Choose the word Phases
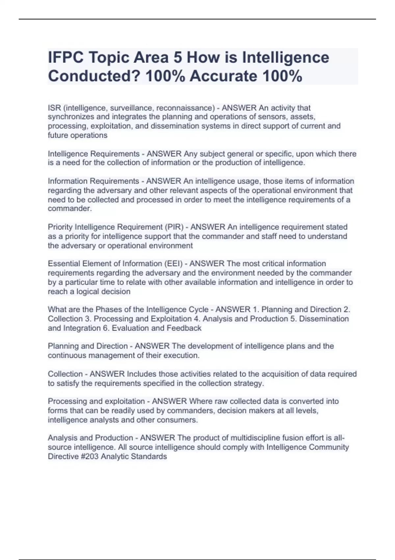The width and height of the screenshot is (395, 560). (107, 310)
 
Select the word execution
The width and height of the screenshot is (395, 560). (184, 355)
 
